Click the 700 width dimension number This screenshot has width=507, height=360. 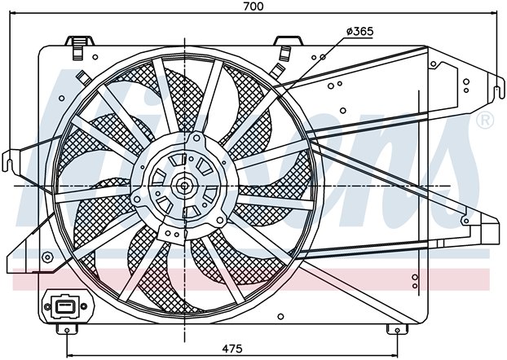click(x=253, y=7)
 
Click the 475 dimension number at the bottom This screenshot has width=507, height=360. click(x=232, y=349)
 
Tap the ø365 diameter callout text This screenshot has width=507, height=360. click(x=359, y=31)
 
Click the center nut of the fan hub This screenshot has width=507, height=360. click(x=184, y=186)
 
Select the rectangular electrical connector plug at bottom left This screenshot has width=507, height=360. click(x=65, y=306)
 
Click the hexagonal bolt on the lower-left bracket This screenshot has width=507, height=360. click(x=47, y=257)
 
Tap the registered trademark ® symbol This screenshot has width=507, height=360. click(x=485, y=121)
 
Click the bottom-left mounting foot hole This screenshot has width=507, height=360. click(x=67, y=330)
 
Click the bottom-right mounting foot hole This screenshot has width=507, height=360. click(x=398, y=330)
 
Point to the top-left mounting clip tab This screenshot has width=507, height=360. click(x=80, y=42)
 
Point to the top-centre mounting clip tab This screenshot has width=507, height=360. click(x=288, y=41)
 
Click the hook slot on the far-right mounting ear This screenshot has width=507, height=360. click(x=496, y=92)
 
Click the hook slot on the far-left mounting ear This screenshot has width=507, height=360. click(x=10, y=163)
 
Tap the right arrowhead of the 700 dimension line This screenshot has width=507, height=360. click(x=494, y=13)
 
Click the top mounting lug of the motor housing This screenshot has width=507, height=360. click(x=196, y=138)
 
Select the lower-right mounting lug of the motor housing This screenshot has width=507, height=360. click(x=220, y=221)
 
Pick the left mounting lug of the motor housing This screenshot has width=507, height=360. click(x=137, y=199)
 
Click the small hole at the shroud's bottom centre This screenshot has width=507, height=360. click(x=280, y=316)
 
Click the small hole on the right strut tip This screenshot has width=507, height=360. click(x=466, y=222)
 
